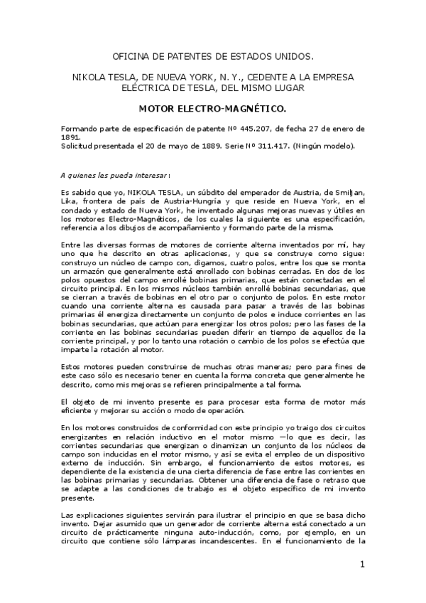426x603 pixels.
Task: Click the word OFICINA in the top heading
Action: coord(134,56)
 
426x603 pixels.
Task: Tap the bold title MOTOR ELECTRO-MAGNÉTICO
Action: coord(212,109)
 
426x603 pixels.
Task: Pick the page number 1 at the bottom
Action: coord(362,565)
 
